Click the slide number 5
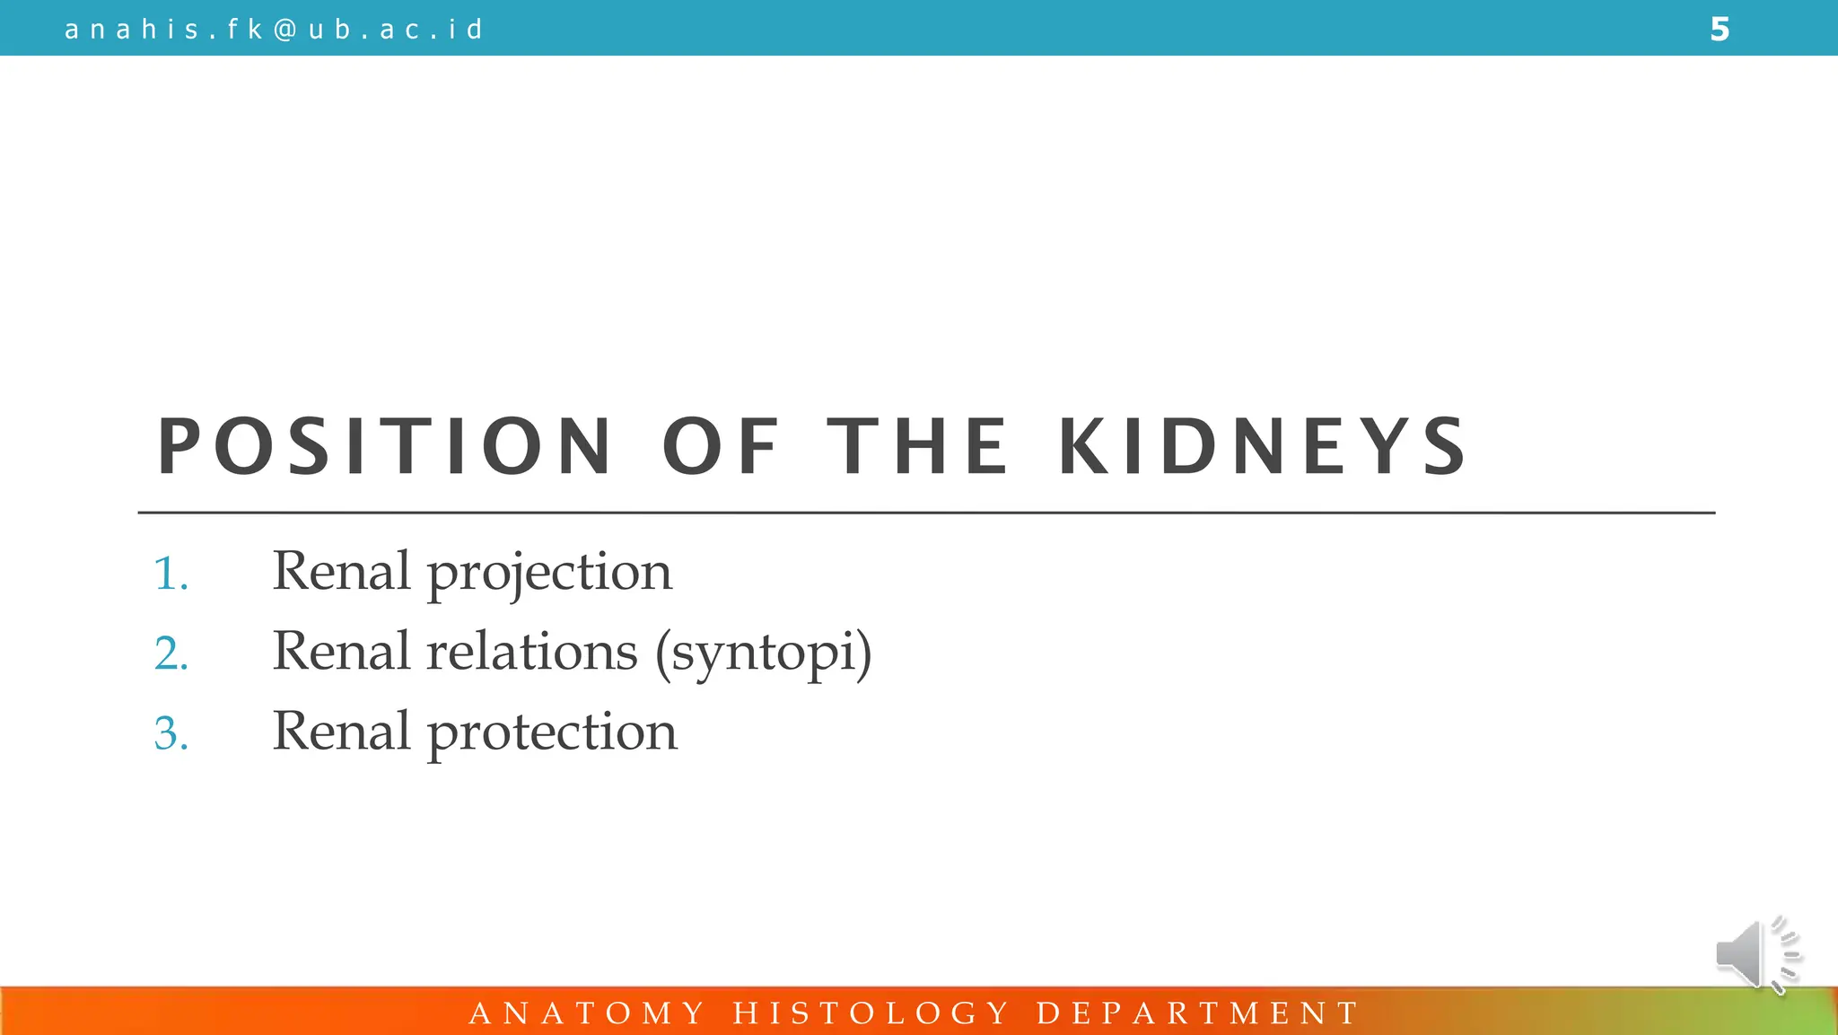(1719, 30)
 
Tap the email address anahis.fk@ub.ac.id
(274, 30)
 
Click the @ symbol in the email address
(284, 30)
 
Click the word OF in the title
(721, 446)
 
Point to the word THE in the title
(918, 446)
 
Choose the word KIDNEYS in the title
(1263, 446)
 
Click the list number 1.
(171, 573)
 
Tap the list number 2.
(171, 653)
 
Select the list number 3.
(171, 732)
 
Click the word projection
(549, 573)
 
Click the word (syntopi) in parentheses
(763, 653)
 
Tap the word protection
(552, 732)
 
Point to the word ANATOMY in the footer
(588, 1013)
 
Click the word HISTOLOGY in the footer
(871, 1013)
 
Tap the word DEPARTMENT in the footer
(1198, 1013)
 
